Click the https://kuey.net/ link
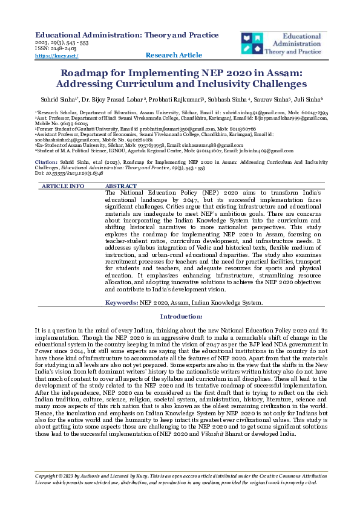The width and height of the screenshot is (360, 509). click(x=57, y=56)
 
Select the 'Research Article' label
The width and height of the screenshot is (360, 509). click(x=174, y=56)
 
